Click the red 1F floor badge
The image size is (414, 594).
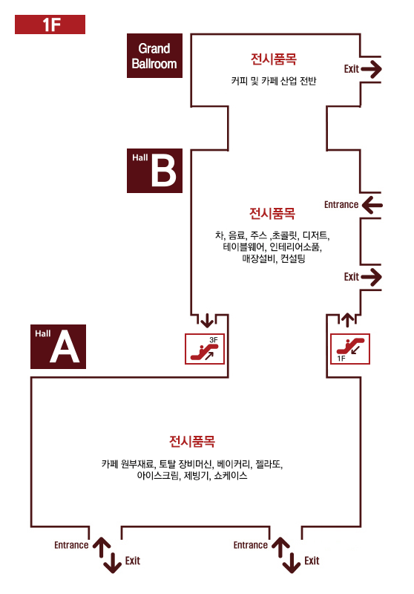pos(50,25)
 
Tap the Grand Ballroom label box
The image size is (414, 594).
pos(154,56)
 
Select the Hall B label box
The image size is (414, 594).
pos(154,171)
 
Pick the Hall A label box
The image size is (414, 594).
pos(59,347)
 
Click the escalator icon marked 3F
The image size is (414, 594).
pos(205,349)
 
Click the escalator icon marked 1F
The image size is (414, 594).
pos(350,349)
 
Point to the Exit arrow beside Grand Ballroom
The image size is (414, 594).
pos(371,69)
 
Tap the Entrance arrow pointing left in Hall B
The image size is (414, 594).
pos(372,205)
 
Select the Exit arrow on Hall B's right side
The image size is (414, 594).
pos(371,277)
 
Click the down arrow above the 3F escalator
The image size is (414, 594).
pos(206,321)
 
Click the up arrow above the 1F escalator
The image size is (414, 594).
pos(347,320)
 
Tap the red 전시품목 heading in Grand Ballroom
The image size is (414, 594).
pos(274,59)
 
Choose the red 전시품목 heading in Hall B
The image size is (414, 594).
pos(272,213)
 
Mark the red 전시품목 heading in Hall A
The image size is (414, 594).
pos(192,441)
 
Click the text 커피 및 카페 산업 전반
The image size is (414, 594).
pos(274,81)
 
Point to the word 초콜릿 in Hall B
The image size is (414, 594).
pos(285,235)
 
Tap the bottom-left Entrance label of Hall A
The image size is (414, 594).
pos(71,545)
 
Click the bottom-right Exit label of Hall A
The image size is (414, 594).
pos(312,561)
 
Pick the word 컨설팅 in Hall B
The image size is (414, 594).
pos(292,258)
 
